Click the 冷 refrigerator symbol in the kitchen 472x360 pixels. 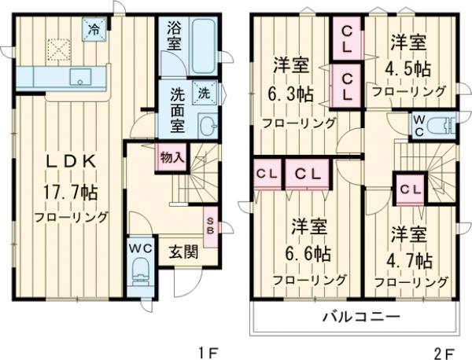94,31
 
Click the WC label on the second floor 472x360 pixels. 419,125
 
